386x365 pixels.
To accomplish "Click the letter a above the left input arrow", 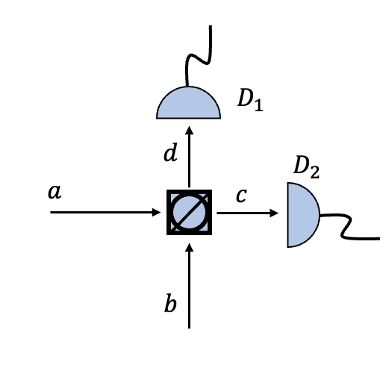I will [x=54, y=193].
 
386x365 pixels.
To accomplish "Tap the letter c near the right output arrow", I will [x=241, y=196].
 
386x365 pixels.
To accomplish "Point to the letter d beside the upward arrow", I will [x=170, y=155].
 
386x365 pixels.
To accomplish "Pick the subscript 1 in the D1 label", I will [x=259, y=105].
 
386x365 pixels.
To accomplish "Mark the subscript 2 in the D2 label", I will [x=314, y=173].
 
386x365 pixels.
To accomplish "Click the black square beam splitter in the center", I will [x=189, y=213].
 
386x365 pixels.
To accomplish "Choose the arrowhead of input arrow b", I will [x=190, y=247].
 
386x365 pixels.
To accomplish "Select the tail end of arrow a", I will [x=52, y=213].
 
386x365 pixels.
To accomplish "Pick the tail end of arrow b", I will [x=190, y=327].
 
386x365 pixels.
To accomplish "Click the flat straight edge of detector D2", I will [x=287, y=215].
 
